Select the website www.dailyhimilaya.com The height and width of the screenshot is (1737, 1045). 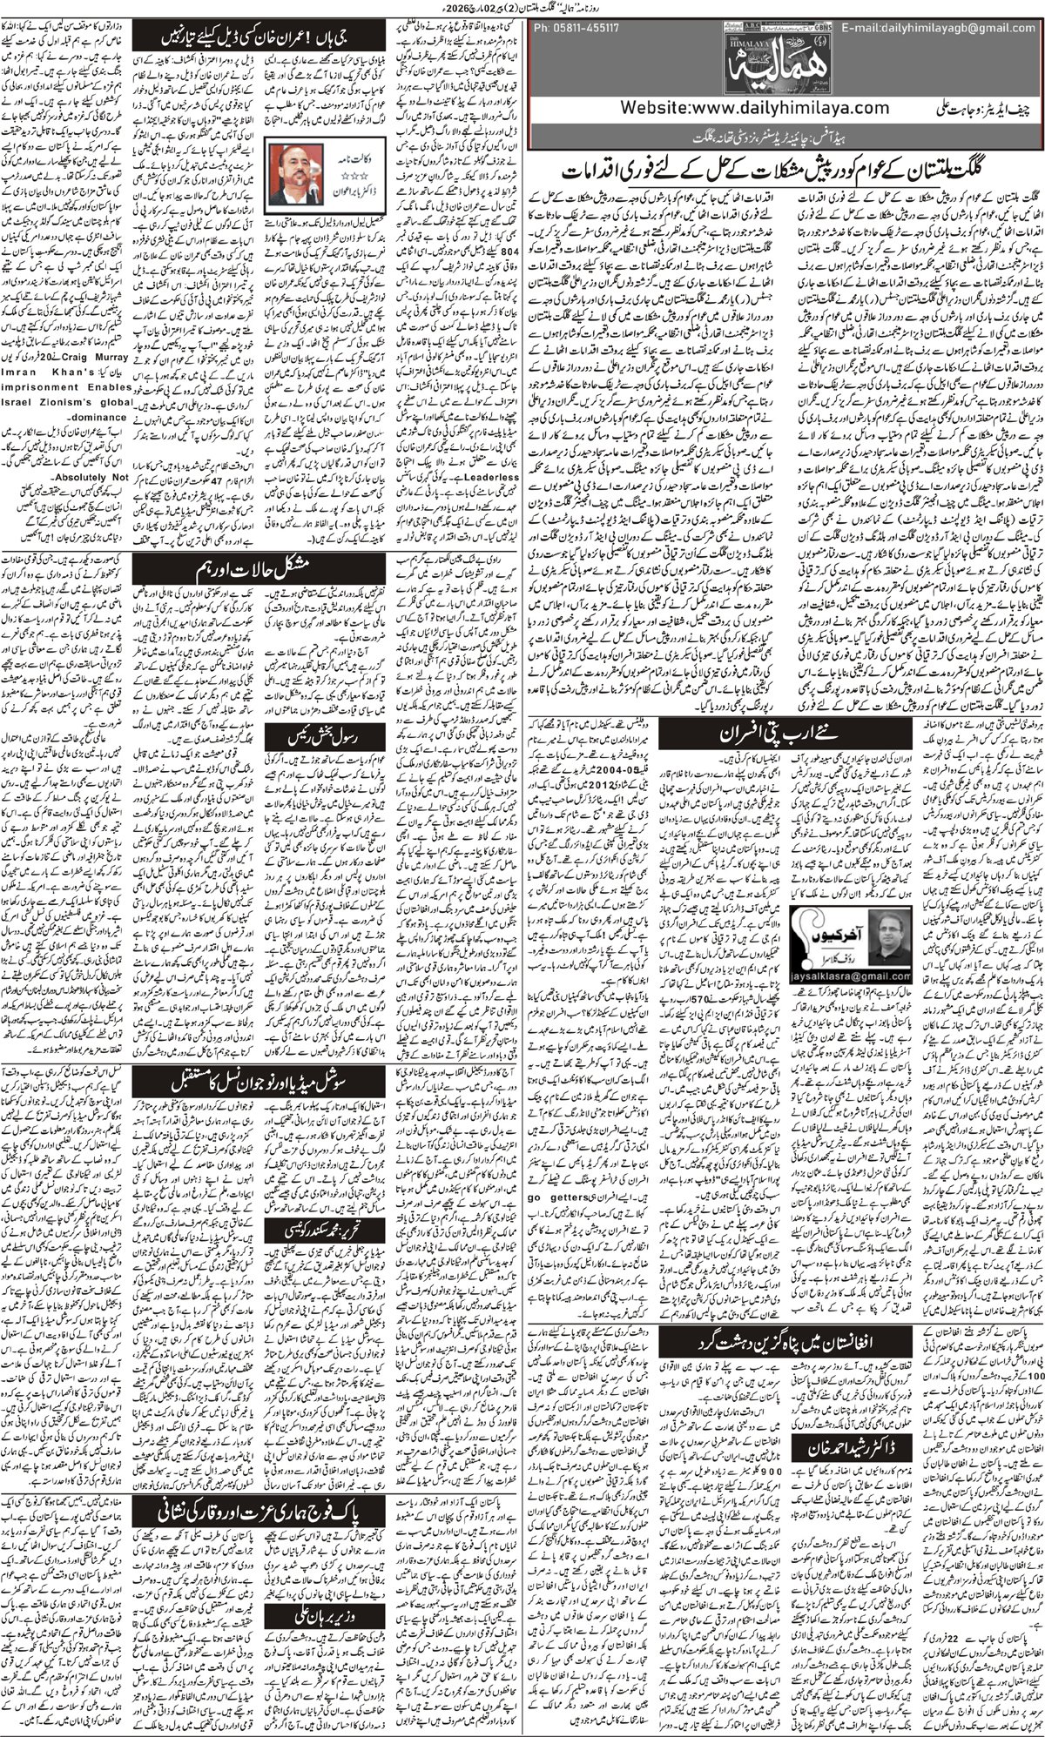point(756,107)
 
